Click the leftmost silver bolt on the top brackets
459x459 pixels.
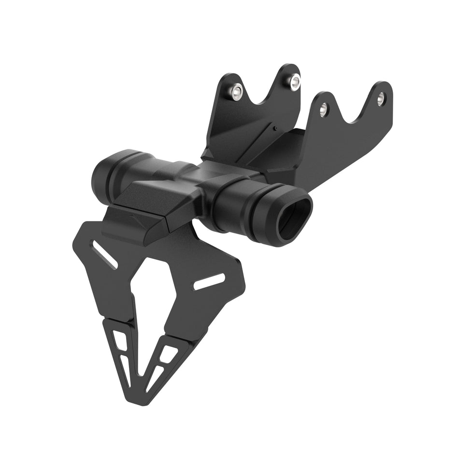tap(236, 92)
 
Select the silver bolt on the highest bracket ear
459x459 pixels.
tap(292, 81)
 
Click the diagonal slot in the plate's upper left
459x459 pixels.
tap(105, 255)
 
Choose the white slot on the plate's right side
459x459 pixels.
tap(209, 282)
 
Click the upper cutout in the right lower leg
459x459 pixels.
tap(168, 354)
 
